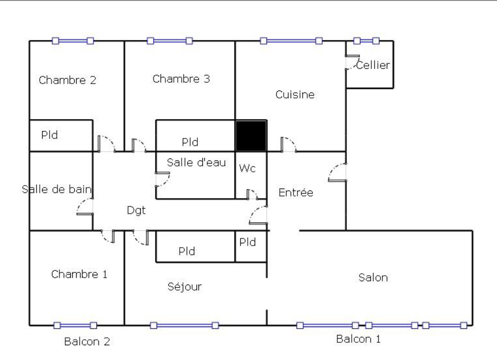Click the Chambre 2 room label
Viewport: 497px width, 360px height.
click(68, 80)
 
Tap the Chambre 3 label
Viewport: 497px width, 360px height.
click(181, 79)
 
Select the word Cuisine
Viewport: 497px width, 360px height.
click(295, 94)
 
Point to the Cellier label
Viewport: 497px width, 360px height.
click(373, 65)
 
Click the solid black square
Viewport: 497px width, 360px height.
click(251, 136)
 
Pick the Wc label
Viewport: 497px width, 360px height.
click(247, 168)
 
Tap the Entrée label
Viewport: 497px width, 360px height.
click(296, 192)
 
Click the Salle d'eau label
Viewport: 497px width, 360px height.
click(197, 162)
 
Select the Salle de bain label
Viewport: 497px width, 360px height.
click(57, 189)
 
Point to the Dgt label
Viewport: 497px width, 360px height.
click(136, 210)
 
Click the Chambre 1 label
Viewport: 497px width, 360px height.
click(79, 274)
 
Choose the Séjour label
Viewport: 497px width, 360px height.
click(184, 287)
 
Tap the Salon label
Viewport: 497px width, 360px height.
click(373, 278)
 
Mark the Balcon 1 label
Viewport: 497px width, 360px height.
click(358, 339)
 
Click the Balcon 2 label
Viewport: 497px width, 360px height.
click(87, 342)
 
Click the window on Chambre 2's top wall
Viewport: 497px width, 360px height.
click(73, 41)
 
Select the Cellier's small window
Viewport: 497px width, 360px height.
click(366, 41)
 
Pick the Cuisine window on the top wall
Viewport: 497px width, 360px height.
click(291, 41)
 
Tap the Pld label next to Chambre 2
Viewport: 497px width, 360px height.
click(50, 135)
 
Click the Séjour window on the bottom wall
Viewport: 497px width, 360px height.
click(184, 325)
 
